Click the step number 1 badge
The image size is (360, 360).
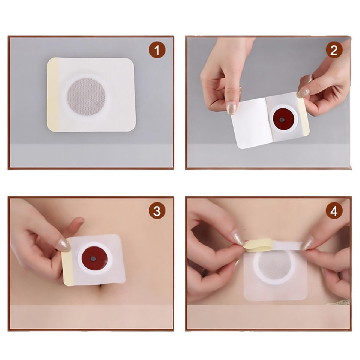tap(157, 50)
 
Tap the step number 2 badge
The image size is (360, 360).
tap(334, 50)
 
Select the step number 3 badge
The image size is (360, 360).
tap(157, 211)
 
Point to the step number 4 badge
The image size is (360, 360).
tap(334, 211)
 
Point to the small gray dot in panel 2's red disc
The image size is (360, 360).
tap(282, 120)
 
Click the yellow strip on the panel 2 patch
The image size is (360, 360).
tap(303, 117)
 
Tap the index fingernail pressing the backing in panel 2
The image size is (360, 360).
tap(231, 109)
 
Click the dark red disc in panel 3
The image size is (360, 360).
tap(94, 258)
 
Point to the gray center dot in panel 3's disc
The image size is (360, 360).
tap(93, 259)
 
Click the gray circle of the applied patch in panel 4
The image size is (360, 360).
tap(274, 265)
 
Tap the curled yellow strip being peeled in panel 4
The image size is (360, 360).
tap(258, 245)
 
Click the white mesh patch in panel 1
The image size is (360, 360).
tap(91, 94)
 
